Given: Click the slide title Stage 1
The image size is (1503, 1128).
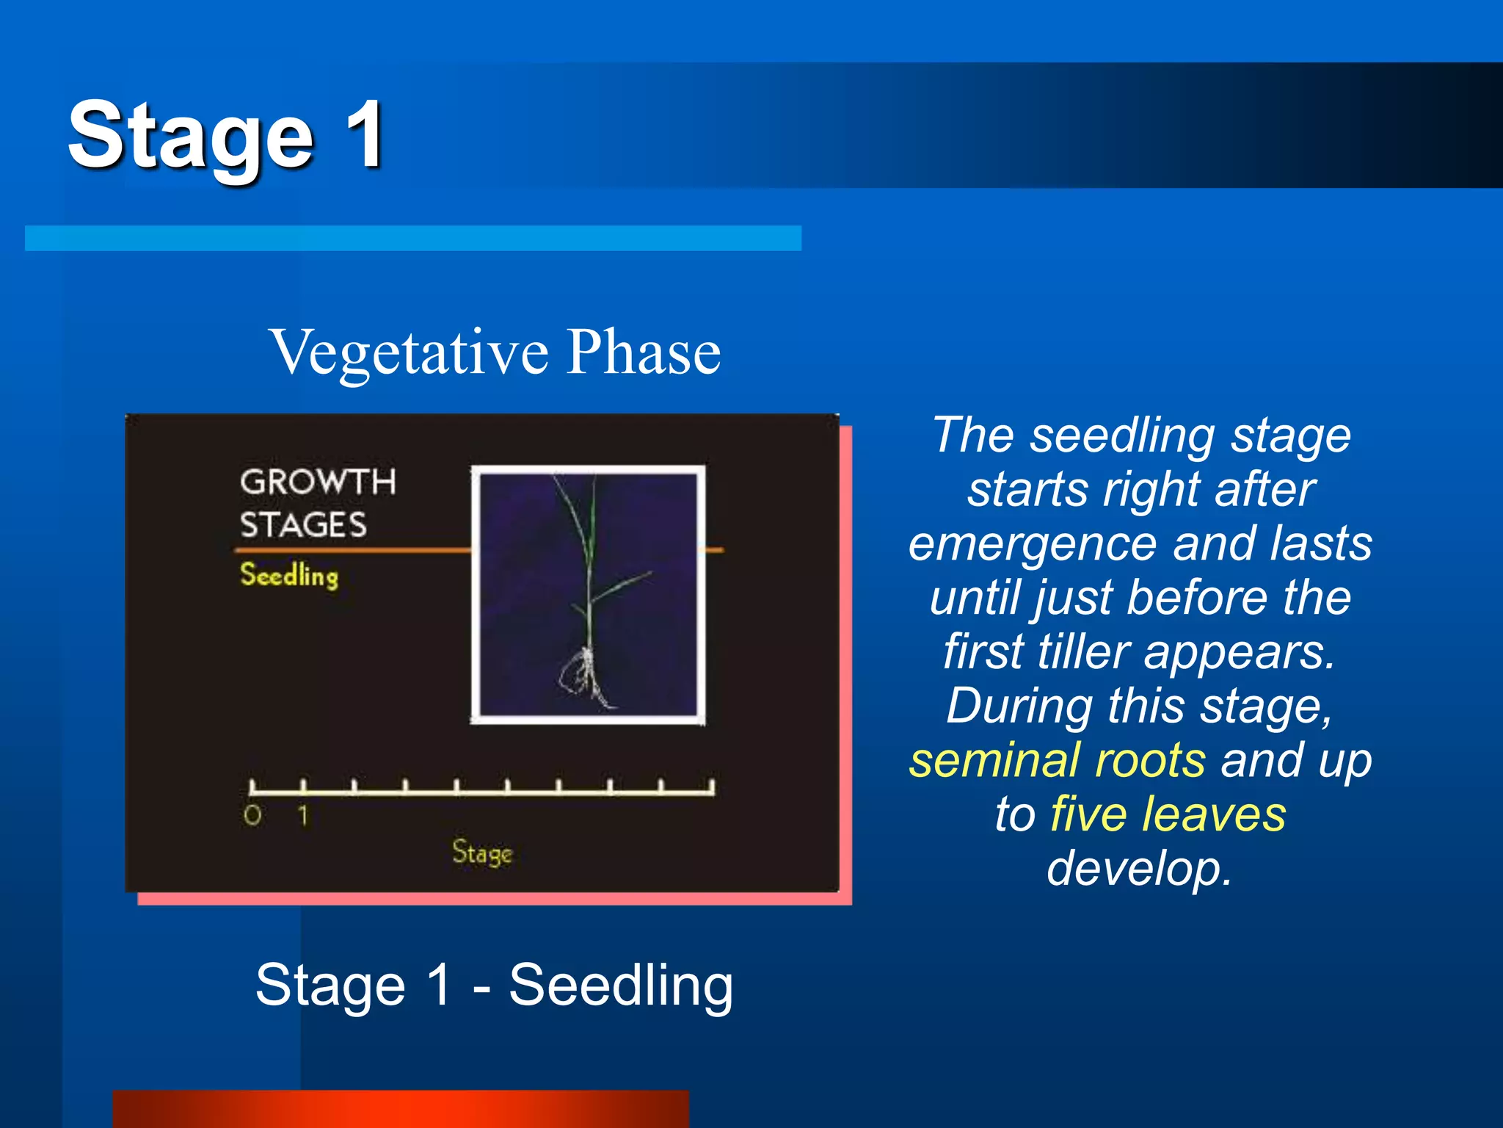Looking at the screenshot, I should pyautogui.click(x=226, y=137).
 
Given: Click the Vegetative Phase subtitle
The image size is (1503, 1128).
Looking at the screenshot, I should pyautogui.click(x=495, y=352).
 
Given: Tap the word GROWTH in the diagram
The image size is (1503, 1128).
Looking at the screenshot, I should pyautogui.click(x=318, y=482).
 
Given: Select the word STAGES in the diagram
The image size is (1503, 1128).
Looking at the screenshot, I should pyautogui.click(x=303, y=525).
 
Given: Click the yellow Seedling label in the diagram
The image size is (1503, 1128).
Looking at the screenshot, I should pyautogui.click(x=289, y=575).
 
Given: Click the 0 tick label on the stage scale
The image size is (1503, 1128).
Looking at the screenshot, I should pyautogui.click(x=252, y=815).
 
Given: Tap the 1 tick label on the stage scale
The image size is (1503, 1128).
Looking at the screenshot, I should pyautogui.click(x=303, y=815).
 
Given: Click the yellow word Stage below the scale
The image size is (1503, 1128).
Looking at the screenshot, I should pyautogui.click(x=481, y=853).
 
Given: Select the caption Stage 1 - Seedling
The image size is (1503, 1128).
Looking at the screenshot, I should pyautogui.click(x=494, y=985).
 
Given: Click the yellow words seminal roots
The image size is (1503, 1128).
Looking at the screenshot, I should pyautogui.click(x=1057, y=760).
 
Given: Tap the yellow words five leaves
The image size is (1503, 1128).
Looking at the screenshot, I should pyautogui.click(x=1168, y=814).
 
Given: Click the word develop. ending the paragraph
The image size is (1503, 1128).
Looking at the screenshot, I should pyautogui.click(x=1139, y=869).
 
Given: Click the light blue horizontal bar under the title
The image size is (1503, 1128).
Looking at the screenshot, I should pyautogui.click(x=412, y=238).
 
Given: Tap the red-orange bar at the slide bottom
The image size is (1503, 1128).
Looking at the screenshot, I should pyautogui.click(x=400, y=1109).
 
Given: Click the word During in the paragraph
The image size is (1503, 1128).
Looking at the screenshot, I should pyautogui.click(x=1019, y=706).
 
